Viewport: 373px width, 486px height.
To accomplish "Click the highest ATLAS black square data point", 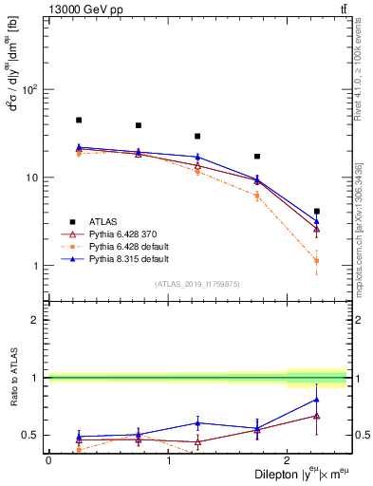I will [x=79, y=121].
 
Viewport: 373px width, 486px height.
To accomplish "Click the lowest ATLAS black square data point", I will [x=317, y=212].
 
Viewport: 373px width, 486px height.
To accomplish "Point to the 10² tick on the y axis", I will [x=30, y=90].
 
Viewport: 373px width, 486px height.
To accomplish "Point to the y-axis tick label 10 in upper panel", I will [x=32, y=178].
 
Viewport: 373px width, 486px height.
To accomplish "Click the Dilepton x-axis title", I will [x=284, y=476].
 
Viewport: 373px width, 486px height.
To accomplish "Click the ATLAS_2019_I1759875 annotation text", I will [x=197, y=283].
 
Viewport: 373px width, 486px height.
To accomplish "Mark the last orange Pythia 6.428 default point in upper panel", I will [x=317, y=260].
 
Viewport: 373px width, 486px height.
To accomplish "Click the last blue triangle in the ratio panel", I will [x=317, y=400].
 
